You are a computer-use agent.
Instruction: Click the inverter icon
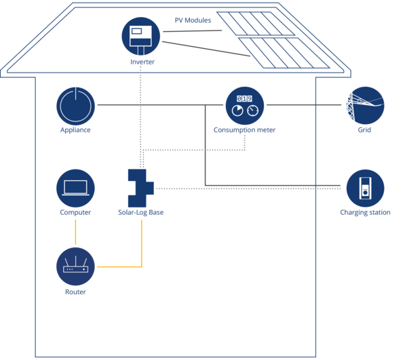point(140,35)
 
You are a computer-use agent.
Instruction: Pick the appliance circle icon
point(75,105)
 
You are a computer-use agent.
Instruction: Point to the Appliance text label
point(75,129)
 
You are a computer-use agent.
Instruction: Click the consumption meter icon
point(244,105)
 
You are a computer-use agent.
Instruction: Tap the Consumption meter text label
point(244,129)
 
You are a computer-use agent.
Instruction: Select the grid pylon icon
point(365,105)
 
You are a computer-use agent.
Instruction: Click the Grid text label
point(365,129)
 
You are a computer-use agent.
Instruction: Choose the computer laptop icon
point(75,188)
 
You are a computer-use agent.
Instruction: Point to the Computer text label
point(75,213)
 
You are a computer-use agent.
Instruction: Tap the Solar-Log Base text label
point(140,213)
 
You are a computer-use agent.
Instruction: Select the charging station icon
point(365,188)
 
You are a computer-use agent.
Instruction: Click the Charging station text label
point(364,213)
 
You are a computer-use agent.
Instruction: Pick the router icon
point(75,266)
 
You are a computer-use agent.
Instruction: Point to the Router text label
point(75,292)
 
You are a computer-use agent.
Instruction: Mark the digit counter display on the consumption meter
point(244,98)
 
